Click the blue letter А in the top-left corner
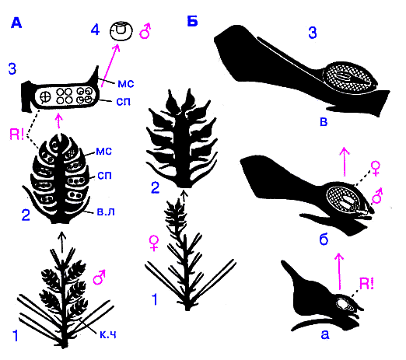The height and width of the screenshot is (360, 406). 16,23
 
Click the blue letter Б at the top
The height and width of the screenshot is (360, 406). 192,21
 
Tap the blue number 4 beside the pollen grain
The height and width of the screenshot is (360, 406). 95,30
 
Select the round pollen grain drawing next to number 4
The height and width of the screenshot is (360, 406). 121,31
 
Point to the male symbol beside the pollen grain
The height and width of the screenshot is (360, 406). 145,31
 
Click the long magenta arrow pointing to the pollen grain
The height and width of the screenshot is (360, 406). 110,65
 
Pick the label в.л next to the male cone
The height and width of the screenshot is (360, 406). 106,211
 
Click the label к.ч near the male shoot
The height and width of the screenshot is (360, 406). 108,334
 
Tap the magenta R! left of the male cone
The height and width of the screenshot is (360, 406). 17,135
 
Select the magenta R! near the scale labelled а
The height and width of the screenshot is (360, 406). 367,284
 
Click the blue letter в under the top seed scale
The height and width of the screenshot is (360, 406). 324,121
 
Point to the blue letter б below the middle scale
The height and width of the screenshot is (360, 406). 324,239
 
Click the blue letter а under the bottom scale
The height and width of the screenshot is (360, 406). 325,334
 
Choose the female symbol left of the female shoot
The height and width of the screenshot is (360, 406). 154,243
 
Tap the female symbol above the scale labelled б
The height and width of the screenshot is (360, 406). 376,169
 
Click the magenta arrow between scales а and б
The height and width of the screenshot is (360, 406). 338,271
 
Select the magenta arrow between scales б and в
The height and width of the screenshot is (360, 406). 345,162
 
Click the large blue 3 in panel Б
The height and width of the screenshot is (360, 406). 313,33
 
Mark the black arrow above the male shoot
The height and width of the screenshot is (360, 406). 61,243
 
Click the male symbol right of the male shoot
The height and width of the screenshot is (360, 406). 99,277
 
